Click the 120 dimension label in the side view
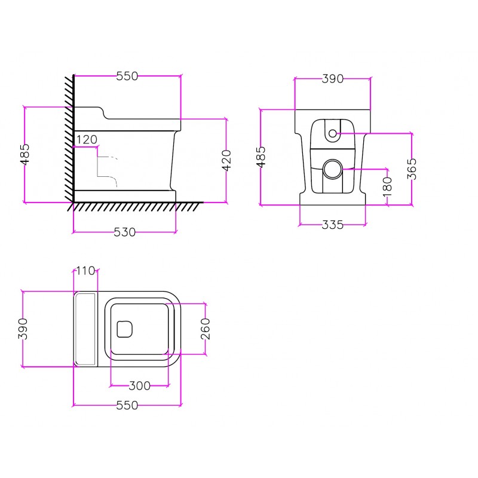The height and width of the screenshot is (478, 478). pyautogui.click(x=87, y=140)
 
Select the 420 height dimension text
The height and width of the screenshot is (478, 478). pyautogui.click(x=226, y=160)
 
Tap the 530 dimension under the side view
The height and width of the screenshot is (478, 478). pyautogui.click(x=125, y=232)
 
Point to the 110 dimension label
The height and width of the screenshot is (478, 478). pyautogui.click(x=85, y=271)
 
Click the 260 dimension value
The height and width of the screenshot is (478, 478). pyautogui.click(x=206, y=329)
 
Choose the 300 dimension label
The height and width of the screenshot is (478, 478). pyautogui.click(x=140, y=386)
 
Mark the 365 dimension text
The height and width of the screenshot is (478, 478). pyautogui.click(x=412, y=169)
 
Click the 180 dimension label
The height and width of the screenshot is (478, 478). pyautogui.click(x=387, y=187)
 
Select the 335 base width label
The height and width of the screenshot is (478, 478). pyautogui.click(x=333, y=225)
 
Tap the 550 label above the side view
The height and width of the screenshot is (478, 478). pyautogui.click(x=127, y=76)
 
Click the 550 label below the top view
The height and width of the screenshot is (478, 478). pyautogui.click(x=127, y=406)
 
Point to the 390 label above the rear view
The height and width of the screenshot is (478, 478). pyautogui.click(x=333, y=79)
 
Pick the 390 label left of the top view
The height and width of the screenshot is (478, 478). pyautogui.click(x=23, y=329)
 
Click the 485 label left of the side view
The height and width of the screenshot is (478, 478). pyautogui.click(x=25, y=155)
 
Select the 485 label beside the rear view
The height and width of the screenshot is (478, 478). pyautogui.click(x=261, y=157)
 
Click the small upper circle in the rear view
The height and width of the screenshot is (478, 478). pyautogui.click(x=333, y=133)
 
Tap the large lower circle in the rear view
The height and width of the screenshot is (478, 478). pyautogui.click(x=333, y=169)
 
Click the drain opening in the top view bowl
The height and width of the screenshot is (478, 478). pyautogui.click(x=125, y=329)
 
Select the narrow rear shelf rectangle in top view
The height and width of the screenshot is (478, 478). pyautogui.click(x=85, y=329)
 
